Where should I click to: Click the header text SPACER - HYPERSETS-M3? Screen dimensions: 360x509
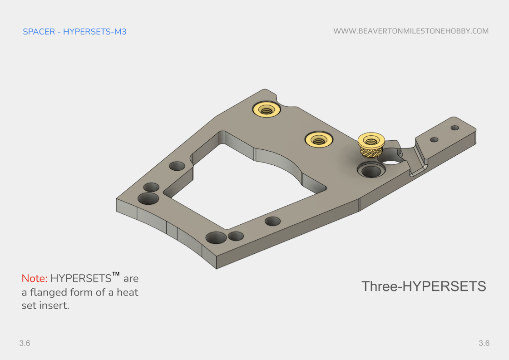click(x=74, y=32)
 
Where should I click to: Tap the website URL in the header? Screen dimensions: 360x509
click(x=410, y=31)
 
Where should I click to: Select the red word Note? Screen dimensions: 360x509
click(x=35, y=278)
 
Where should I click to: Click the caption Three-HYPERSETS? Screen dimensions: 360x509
click(x=423, y=286)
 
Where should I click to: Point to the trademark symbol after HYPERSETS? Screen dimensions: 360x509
click(x=116, y=274)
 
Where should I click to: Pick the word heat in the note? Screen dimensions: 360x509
click(x=128, y=292)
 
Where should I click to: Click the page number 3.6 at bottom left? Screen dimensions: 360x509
click(x=25, y=343)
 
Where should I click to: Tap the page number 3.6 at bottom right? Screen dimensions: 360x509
click(x=484, y=343)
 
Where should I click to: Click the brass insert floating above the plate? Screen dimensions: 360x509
click(x=371, y=145)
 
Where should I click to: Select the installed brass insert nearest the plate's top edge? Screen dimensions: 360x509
click(x=267, y=109)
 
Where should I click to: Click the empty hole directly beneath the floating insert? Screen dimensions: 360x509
click(x=371, y=171)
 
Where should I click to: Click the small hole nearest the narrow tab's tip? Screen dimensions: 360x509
click(x=455, y=128)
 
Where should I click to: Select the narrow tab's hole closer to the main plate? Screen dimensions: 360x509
click(x=434, y=139)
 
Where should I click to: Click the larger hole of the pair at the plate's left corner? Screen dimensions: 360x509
click(x=148, y=198)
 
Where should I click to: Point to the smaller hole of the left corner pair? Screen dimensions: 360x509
click(x=151, y=187)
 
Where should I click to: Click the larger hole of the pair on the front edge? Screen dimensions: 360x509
click(x=216, y=237)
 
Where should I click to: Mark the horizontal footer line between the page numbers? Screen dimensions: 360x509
click(x=254, y=343)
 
